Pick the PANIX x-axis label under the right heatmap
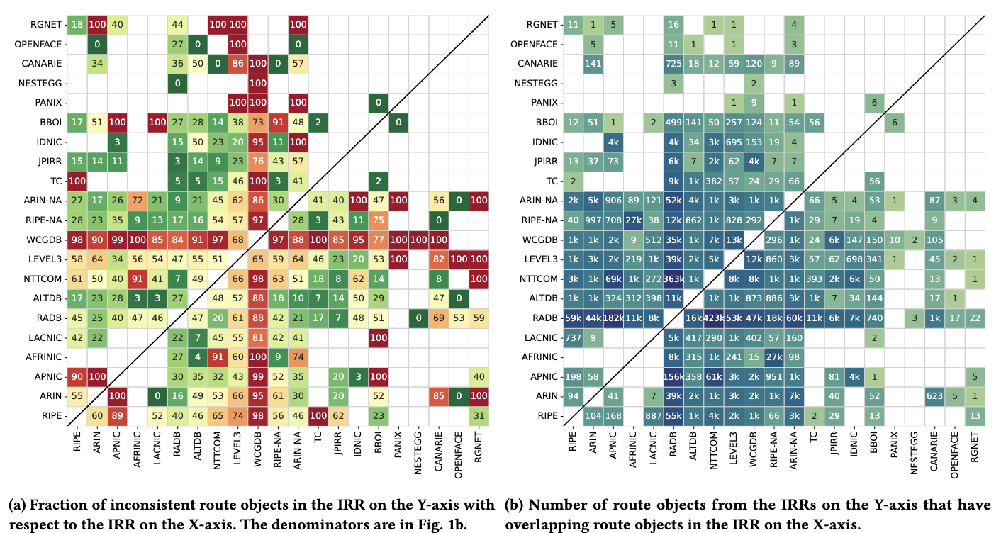pos(897,447)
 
